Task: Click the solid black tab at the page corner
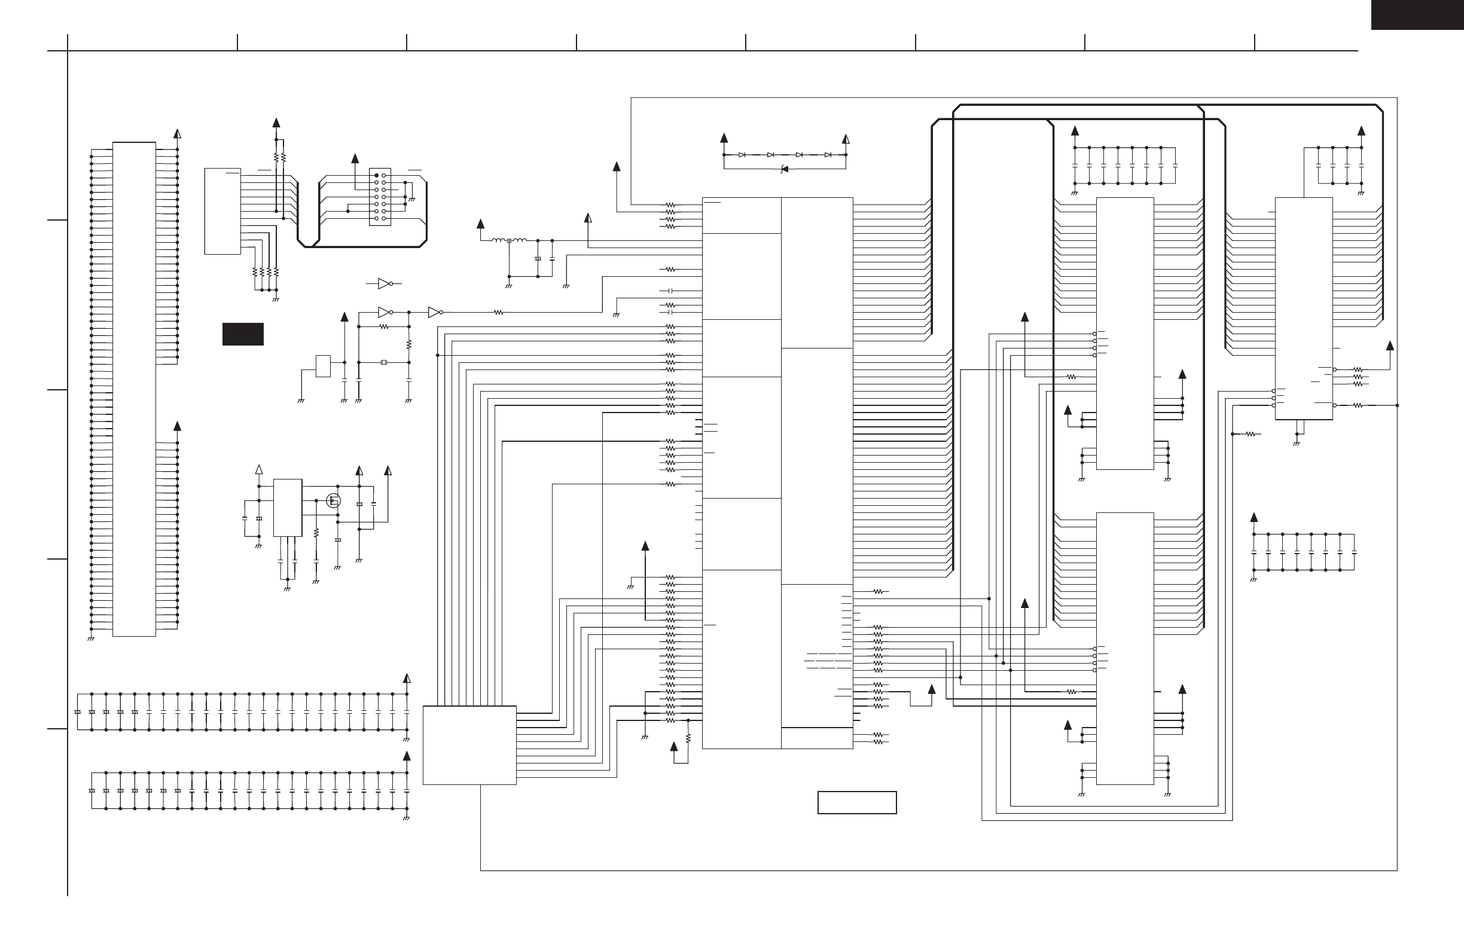tap(1417, 14)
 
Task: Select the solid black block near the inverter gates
tap(243, 334)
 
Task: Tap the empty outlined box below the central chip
tap(857, 802)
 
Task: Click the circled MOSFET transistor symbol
tap(333, 500)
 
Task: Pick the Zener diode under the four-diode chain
tap(783, 169)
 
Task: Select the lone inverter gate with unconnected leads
tap(385, 283)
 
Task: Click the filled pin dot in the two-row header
tap(376, 175)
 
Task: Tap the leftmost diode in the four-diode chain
tap(742, 155)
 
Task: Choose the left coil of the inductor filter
tap(499, 240)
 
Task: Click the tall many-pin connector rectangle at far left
tap(134, 389)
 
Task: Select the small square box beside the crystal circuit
tap(323, 366)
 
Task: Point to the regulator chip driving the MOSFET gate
tap(287, 508)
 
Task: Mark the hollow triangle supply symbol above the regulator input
tap(259, 471)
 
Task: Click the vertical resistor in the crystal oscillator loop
tap(409, 344)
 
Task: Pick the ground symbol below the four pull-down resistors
tap(276, 300)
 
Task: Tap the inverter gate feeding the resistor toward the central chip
tap(435, 313)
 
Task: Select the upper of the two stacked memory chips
tap(1124, 333)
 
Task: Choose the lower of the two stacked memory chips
tap(1124, 648)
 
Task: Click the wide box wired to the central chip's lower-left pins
tap(469, 745)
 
